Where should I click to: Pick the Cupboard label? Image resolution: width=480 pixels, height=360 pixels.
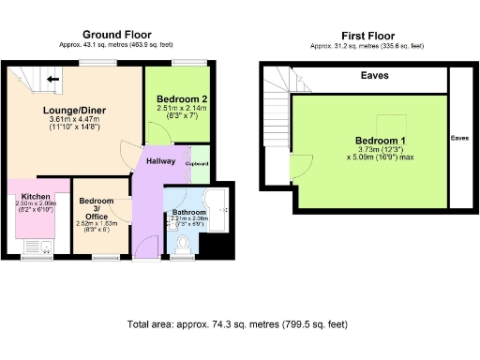point(197,163)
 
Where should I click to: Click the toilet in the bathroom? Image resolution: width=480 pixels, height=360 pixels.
point(184,244)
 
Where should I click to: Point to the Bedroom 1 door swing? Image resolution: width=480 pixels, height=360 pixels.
point(301,168)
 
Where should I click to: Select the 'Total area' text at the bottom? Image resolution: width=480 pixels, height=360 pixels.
point(237,324)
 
